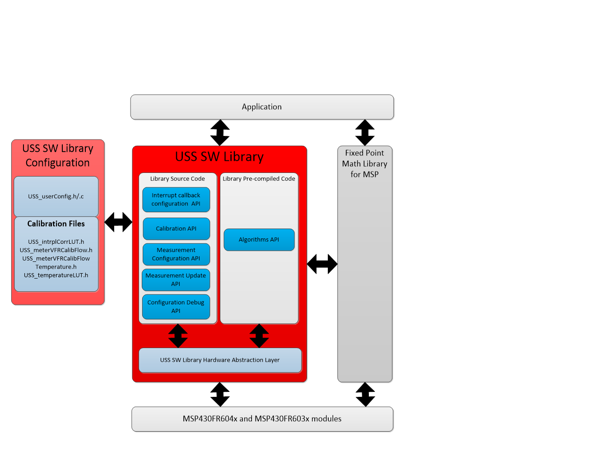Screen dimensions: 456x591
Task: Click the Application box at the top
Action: pos(262,107)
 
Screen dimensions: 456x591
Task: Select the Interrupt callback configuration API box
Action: pos(176,200)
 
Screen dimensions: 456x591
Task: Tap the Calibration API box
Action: pos(176,228)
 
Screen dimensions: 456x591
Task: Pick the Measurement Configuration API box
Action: pos(176,254)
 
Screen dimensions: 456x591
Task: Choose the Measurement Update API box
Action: pos(176,279)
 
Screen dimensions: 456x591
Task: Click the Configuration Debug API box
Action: pos(176,307)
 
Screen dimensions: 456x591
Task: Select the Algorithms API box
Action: pos(259,239)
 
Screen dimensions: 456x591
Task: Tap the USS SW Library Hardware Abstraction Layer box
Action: pos(220,360)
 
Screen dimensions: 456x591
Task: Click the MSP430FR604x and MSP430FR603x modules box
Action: pos(262,419)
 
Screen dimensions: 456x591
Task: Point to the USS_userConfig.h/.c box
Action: pos(56,196)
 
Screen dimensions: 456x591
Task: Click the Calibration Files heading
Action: pos(56,223)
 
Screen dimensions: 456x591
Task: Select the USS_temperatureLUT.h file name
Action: pos(56,275)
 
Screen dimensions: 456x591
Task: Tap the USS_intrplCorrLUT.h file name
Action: pos(56,242)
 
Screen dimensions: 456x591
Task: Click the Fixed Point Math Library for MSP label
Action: pos(364,163)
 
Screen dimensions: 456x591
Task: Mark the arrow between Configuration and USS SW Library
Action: pos(118,222)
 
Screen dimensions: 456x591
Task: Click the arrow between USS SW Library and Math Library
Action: pos(322,264)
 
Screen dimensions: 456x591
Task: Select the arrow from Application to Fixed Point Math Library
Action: pos(365,132)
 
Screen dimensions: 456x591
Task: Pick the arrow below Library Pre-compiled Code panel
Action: pos(259,336)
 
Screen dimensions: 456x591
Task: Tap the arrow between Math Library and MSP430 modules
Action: pos(365,395)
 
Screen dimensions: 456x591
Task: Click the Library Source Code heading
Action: pos(177,179)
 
